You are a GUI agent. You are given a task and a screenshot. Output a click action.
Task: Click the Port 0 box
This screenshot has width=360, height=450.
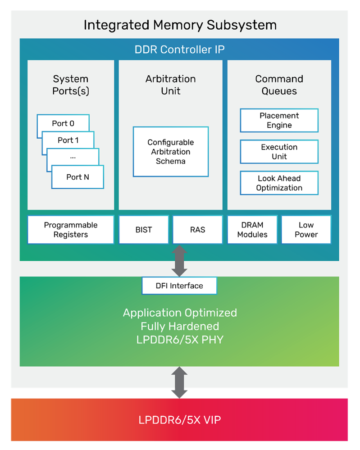(63, 123)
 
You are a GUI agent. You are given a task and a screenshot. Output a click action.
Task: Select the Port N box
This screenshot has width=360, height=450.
(77, 177)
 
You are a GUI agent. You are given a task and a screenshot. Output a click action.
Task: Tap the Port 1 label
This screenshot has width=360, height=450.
(68, 140)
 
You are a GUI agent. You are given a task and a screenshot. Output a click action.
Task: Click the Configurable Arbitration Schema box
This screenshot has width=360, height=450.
(171, 152)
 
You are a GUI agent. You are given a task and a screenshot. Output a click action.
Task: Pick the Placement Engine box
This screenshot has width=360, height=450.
(279, 120)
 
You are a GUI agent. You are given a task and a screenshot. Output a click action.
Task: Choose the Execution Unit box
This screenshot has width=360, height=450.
(279, 152)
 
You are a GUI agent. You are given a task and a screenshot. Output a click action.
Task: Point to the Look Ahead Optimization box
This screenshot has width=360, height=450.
(279, 183)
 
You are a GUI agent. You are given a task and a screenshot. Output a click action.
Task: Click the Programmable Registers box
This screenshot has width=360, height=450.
(71, 230)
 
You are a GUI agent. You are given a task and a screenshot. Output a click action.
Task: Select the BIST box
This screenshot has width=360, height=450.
(144, 230)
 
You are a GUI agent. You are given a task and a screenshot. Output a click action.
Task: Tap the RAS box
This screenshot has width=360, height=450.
(197, 230)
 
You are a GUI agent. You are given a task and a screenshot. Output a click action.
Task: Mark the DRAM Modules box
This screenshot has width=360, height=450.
(252, 230)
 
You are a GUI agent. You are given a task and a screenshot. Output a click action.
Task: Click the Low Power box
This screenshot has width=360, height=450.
(306, 230)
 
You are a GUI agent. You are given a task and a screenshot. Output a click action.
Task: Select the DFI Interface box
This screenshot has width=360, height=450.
(179, 286)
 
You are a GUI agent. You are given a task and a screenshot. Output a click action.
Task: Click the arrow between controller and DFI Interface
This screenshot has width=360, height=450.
(179, 261)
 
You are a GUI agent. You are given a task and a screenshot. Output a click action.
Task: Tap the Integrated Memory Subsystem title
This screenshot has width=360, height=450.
(180, 24)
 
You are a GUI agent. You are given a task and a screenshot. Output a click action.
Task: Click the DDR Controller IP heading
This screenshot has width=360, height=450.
(179, 49)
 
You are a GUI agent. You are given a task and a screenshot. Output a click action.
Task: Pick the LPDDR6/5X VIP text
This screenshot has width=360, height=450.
(179, 420)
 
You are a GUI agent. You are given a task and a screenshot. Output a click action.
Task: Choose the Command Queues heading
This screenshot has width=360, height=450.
(279, 85)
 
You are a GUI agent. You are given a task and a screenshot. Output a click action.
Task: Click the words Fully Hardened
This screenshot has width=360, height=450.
(180, 326)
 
